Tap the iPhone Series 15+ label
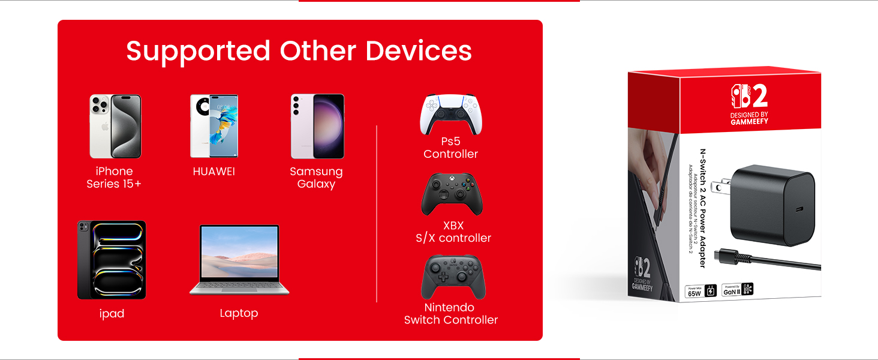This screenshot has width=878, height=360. [114, 178]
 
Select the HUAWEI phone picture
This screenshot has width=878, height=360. [214, 125]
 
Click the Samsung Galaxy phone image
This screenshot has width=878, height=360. [317, 125]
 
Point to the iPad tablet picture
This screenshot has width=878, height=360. [112, 260]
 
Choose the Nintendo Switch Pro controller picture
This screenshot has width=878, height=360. [453, 277]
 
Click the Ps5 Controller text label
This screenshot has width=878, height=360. [450, 148]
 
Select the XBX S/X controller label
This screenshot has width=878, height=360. [453, 232]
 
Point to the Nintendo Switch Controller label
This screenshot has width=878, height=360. [451, 314]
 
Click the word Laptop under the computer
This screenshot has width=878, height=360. [239, 313]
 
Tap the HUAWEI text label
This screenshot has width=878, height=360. [214, 172]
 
